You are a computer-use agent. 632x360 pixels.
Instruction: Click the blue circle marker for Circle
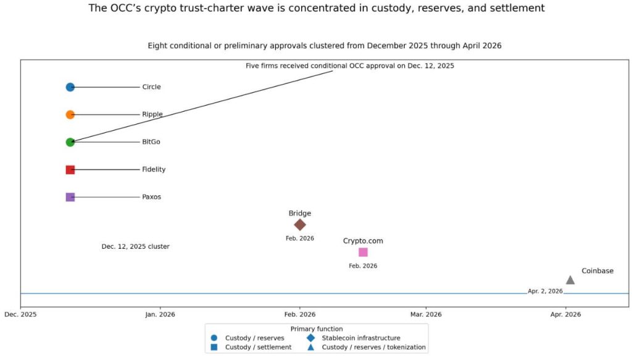point(70,87)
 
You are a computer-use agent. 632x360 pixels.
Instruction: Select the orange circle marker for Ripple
point(70,115)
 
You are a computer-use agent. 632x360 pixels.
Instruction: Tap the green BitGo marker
point(70,142)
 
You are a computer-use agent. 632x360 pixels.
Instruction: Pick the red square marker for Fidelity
point(70,170)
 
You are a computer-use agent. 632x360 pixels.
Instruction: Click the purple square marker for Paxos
point(70,197)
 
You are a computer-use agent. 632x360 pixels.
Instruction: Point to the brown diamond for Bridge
point(300,225)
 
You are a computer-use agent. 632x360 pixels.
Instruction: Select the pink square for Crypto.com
point(363,252)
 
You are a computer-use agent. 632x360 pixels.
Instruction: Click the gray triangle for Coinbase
point(570,280)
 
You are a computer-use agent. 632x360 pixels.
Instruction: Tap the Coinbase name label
point(597,271)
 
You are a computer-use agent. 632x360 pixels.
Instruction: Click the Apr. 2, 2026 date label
point(545,291)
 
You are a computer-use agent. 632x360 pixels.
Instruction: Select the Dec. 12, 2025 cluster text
point(135,246)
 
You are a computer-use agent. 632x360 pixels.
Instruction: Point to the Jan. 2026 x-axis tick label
point(160,314)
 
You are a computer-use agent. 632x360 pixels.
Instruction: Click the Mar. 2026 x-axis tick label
point(425,314)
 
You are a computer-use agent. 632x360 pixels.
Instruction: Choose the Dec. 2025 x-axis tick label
point(20,314)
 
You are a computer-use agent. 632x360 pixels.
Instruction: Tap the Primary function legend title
point(316,329)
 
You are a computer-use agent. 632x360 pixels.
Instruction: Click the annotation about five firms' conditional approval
point(349,65)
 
